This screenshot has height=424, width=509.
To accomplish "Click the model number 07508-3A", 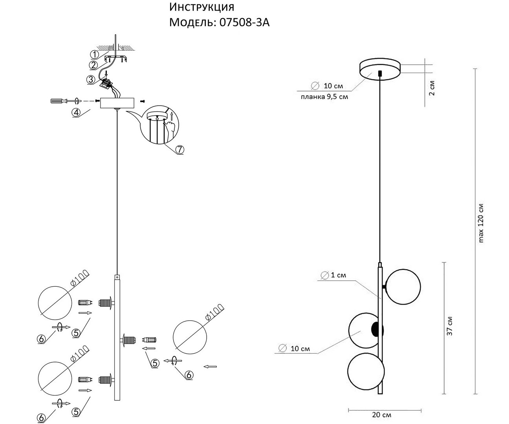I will click(x=243, y=22).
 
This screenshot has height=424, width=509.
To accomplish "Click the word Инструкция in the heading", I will click(x=202, y=7).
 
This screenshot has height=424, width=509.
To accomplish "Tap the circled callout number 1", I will click(x=94, y=54).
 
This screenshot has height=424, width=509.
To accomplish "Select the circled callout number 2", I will click(x=93, y=65).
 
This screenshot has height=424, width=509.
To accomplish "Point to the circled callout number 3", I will click(x=91, y=80).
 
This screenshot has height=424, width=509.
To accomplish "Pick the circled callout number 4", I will click(x=77, y=112).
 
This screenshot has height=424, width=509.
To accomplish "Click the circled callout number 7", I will click(x=179, y=149).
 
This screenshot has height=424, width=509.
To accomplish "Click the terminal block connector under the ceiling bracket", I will click(x=107, y=82).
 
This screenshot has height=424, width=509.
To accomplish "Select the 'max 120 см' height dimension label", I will click(x=481, y=223).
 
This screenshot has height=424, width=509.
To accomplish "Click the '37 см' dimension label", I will click(x=450, y=325).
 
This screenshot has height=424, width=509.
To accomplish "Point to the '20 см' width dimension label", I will click(x=381, y=415).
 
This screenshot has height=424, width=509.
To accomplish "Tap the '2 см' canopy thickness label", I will click(x=432, y=88).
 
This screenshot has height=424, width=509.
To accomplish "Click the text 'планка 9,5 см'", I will click(x=324, y=97).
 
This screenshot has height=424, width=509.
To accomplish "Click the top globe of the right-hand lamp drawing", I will click(x=403, y=286).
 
